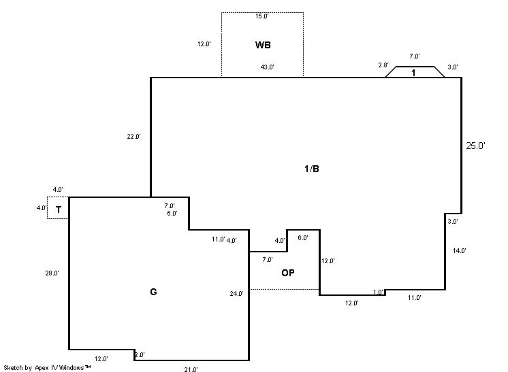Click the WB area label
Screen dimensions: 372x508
[263, 46]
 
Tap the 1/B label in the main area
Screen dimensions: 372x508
[311, 169]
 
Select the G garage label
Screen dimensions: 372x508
[153, 292]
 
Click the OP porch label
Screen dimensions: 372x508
[288, 273]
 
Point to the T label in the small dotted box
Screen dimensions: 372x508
[59, 210]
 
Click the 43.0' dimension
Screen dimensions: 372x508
[267, 67]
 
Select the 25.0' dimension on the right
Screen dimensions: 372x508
[475, 146]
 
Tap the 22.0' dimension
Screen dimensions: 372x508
[133, 137]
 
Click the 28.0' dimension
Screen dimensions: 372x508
[52, 273]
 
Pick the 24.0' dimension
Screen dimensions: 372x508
[236, 294]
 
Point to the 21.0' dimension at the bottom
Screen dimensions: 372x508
[191, 369]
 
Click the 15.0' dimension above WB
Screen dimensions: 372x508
[262, 16]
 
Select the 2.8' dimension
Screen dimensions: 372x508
[383, 65]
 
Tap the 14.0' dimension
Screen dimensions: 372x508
[460, 251]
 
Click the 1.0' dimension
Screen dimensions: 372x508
[379, 292]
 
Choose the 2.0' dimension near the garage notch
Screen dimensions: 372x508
[140, 355]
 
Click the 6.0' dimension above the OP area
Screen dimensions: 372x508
[302, 238]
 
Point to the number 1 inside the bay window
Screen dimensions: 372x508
[414, 73]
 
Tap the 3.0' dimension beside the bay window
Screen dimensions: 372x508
[453, 67]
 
